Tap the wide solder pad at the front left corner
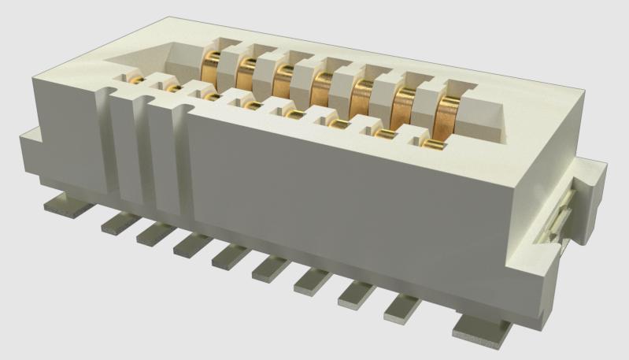pyautogui.click(x=63, y=206)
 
